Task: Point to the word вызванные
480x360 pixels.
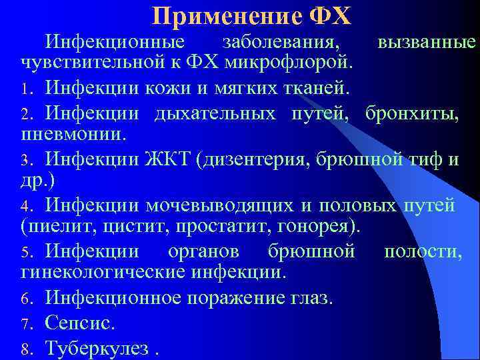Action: tap(427, 43)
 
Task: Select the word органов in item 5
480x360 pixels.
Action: tap(211, 251)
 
